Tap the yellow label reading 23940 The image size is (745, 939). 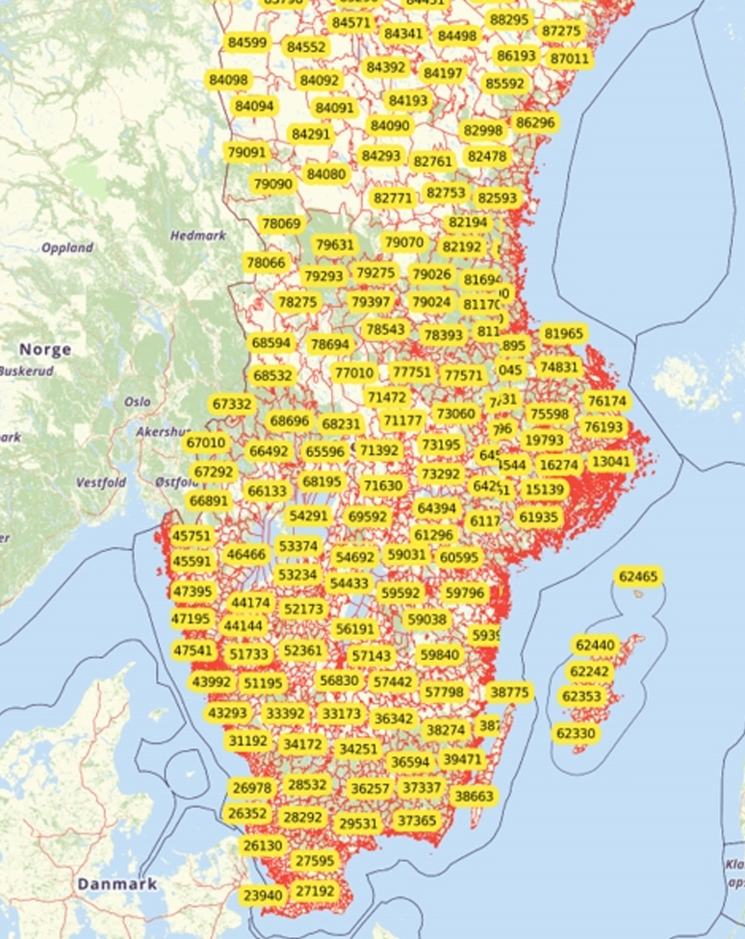(263, 896)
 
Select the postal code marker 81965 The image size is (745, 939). (563, 334)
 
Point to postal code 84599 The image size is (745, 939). (247, 42)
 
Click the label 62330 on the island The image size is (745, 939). (576, 733)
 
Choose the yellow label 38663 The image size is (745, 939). (474, 796)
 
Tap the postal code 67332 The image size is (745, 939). (232, 405)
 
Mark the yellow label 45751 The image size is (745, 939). (192, 536)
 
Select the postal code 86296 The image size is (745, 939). (535, 122)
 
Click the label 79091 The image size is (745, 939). (245, 152)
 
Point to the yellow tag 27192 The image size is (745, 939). (316, 891)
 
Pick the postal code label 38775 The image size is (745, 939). (509, 692)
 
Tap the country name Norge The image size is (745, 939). (45, 349)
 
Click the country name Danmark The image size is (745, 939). (117, 883)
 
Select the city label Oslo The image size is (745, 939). (137, 401)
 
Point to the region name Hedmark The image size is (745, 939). (197, 236)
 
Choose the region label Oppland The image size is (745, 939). (67, 247)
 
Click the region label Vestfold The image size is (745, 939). (101, 482)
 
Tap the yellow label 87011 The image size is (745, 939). (569, 59)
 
